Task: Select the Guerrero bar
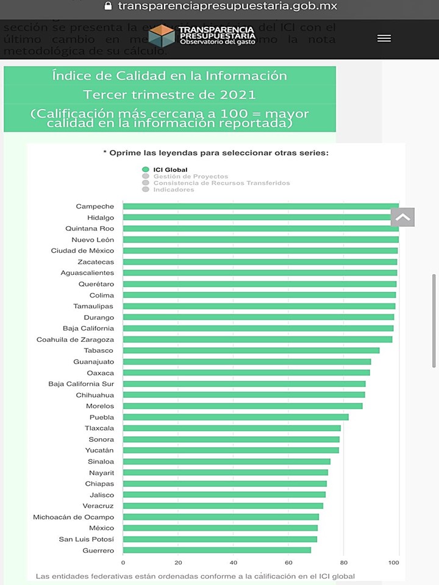point(217,550)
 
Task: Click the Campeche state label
point(95,207)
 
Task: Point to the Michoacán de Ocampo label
point(74,517)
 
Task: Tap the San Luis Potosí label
point(87,539)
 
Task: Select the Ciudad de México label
point(82,250)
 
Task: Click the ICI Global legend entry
point(170,169)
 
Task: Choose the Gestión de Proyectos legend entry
point(190,176)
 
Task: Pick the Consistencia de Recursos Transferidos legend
point(221,183)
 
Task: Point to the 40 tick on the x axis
point(234,562)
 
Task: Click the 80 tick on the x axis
point(344,562)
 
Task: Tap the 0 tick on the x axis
point(123,562)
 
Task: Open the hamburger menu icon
point(384,38)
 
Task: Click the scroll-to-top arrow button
point(403,217)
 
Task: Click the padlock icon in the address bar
point(109,6)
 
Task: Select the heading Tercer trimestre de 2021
point(170,94)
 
